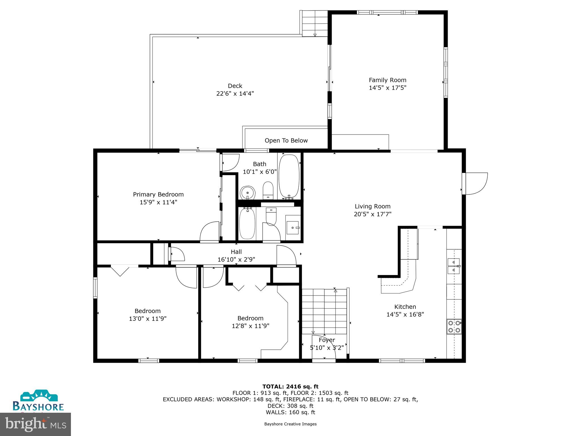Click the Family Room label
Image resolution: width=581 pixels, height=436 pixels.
pyautogui.click(x=387, y=80)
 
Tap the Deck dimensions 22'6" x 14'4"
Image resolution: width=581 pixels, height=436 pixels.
pyautogui.click(x=235, y=94)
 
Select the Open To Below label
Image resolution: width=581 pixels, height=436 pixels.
pyautogui.click(x=286, y=141)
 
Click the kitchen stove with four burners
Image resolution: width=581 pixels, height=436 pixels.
pyautogui.click(x=454, y=326)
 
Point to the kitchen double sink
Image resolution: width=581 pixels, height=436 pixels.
pyautogui.click(x=453, y=266)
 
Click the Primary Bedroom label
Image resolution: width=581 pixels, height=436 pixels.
pyautogui.click(x=158, y=194)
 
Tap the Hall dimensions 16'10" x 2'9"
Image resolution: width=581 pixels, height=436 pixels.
pyautogui.click(x=236, y=259)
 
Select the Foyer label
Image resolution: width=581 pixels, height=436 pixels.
pyautogui.click(x=327, y=340)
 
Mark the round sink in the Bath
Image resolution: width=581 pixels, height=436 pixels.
pyautogui.click(x=248, y=193)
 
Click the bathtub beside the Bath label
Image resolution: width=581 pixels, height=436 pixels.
pyautogui.click(x=289, y=176)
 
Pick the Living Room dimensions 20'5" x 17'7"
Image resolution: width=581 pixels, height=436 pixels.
pyautogui.click(x=372, y=214)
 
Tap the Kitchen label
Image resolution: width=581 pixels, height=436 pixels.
pyautogui.click(x=405, y=307)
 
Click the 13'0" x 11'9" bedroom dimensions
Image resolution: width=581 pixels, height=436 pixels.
pyautogui.click(x=148, y=319)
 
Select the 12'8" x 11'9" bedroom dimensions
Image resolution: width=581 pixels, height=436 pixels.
pyautogui.click(x=250, y=326)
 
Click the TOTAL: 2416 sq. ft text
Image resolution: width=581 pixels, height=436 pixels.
pyautogui.click(x=290, y=387)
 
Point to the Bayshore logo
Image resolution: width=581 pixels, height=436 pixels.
pyautogui.click(x=38, y=401)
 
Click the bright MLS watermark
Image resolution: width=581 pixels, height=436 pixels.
pyautogui.click(x=35, y=424)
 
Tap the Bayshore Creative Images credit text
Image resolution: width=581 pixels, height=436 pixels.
pyautogui.click(x=290, y=424)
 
